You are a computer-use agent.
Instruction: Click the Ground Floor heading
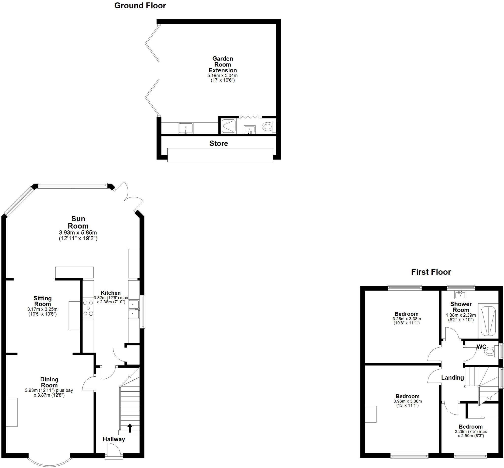click(140, 6)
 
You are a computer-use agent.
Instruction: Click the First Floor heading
click(431, 272)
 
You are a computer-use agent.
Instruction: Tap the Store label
click(219, 143)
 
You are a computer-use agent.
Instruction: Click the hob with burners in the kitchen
click(88, 308)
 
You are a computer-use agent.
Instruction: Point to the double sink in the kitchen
click(134, 309)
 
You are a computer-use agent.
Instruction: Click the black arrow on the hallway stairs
click(130, 428)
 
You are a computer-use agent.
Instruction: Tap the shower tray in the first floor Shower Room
click(488, 321)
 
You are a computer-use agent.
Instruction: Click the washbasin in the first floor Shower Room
click(460, 295)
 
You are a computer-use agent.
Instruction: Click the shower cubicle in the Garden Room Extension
click(228, 126)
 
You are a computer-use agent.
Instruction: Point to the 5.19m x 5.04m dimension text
click(222, 76)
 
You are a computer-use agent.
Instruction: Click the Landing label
click(452, 378)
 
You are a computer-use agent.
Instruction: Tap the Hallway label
click(114, 439)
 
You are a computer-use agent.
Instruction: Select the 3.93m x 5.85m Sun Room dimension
click(78, 232)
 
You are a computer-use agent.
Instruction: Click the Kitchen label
click(111, 293)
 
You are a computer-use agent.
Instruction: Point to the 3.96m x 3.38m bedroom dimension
click(407, 401)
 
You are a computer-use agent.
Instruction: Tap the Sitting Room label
click(43, 301)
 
